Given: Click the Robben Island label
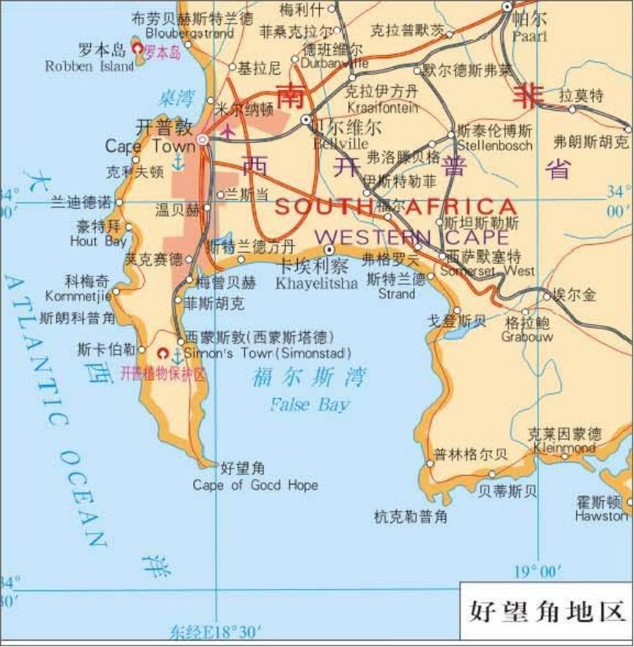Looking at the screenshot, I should coord(90,67).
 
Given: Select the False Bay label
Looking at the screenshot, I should coord(310,404).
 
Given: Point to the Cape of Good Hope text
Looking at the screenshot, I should coord(255,485).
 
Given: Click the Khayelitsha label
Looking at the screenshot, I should coord(316,283).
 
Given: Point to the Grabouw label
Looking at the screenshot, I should coord(527,337).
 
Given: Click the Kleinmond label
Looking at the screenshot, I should coord(564,448).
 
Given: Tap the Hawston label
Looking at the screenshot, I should coord(601,516).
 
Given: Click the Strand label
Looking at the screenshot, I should coord(396,294).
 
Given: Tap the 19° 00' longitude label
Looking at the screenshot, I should coord(537,571).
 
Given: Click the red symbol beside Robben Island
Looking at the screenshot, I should coord(137,49).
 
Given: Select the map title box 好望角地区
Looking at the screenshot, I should coord(546,609).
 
